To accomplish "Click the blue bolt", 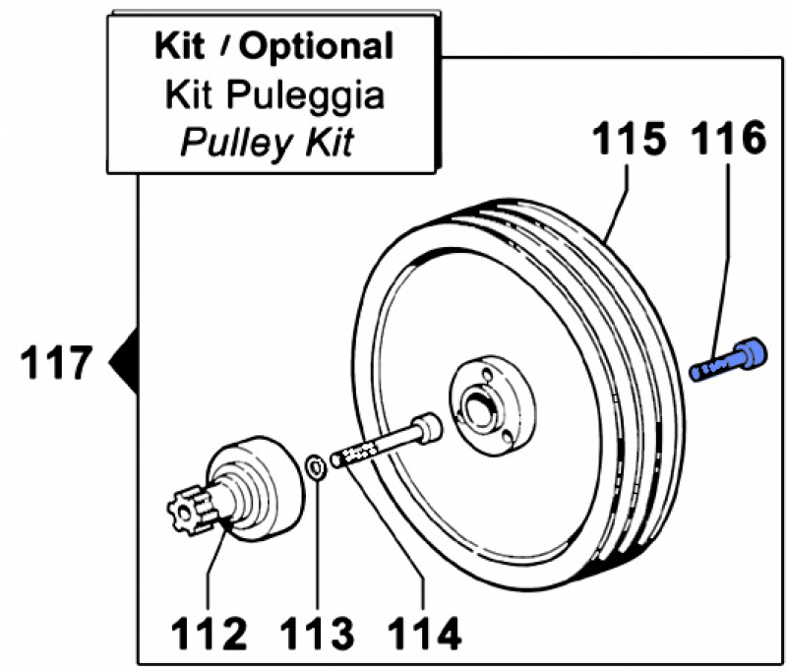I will pos(728,358).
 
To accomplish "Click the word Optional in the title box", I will pos(317,46).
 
